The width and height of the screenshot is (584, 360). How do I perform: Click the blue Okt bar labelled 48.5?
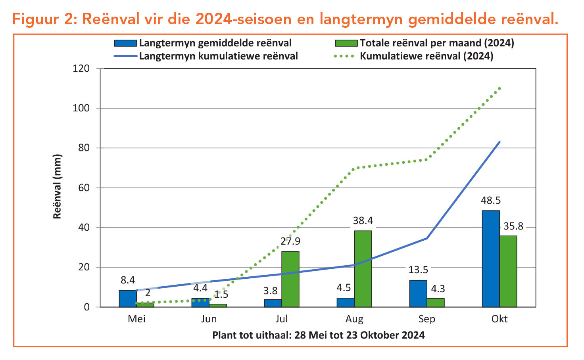(490, 259)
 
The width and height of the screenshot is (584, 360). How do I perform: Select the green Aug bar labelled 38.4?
(363, 269)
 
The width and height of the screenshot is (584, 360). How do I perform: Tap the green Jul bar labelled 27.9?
(290, 279)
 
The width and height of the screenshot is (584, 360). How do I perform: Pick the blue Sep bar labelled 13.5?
(418, 293)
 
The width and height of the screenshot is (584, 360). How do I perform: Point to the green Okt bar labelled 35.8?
(508, 271)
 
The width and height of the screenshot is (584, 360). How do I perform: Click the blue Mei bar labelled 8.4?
(127, 299)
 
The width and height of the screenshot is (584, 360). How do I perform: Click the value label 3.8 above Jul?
(270, 291)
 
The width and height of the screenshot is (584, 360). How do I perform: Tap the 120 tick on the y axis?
(81, 68)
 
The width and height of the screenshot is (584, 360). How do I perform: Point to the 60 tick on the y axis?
(84, 188)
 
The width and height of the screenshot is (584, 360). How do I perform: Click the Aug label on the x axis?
(354, 319)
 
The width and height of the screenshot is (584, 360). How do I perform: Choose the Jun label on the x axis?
(209, 319)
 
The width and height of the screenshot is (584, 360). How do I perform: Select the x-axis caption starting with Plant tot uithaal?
(318, 335)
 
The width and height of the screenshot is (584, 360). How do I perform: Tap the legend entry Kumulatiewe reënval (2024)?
(426, 56)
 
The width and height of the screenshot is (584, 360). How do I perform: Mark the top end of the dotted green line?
(499, 88)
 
